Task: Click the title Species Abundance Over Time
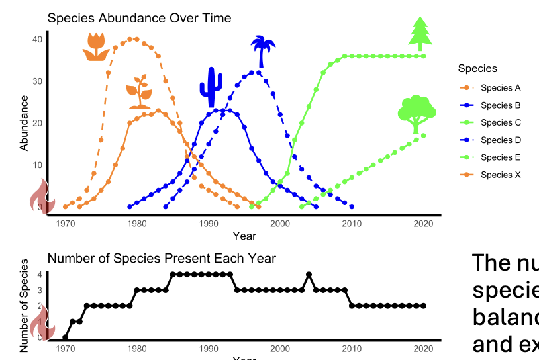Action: tap(139, 18)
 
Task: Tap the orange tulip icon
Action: tap(95, 46)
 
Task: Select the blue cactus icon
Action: tap(211, 87)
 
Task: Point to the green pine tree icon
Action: tap(420, 33)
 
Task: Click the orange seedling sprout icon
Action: tap(140, 92)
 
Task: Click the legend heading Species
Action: tap(477, 69)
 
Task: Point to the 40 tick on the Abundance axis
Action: tap(38, 39)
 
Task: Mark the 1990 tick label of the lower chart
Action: tap(208, 349)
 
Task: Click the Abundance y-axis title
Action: tap(24, 122)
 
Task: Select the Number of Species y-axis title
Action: tap(24, 306)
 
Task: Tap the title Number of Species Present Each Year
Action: tap(162, 258)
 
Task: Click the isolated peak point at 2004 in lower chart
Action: tap(309, 274)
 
